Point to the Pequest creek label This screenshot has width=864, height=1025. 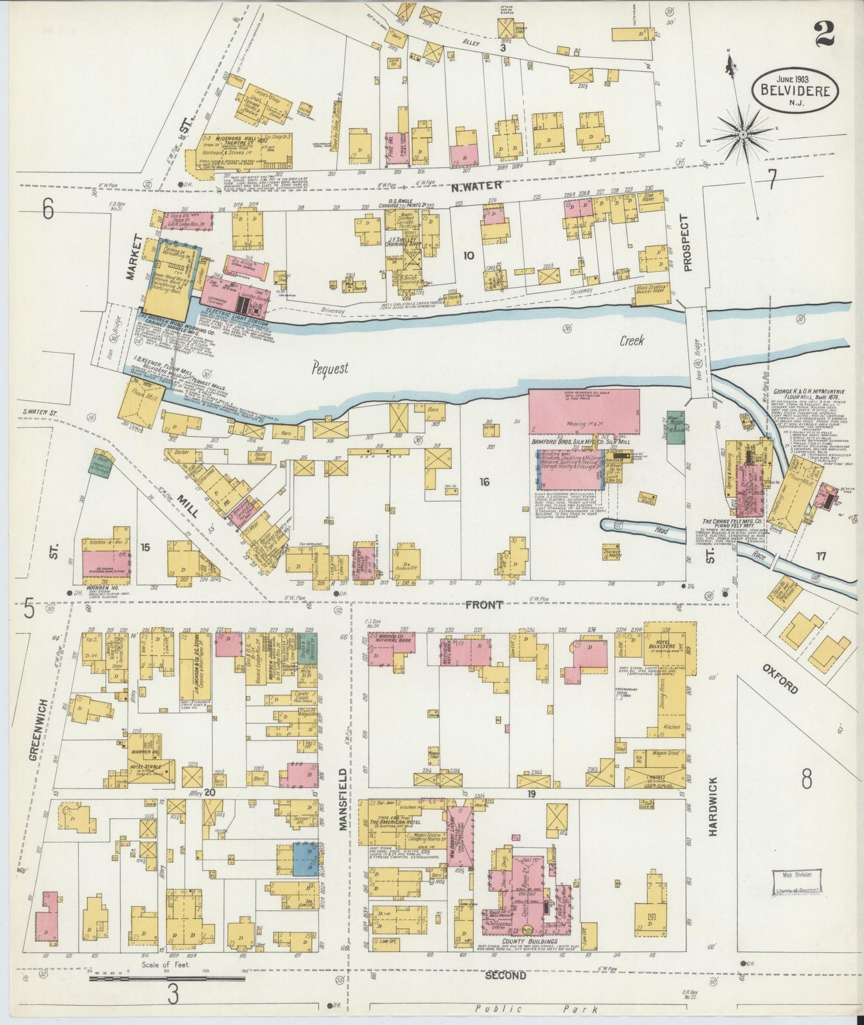[x=329, y=368]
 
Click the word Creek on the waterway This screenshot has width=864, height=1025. [x=631, y=341]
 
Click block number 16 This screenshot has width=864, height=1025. [x=484, y=481]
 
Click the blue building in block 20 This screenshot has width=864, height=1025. [x=306, y=859]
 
